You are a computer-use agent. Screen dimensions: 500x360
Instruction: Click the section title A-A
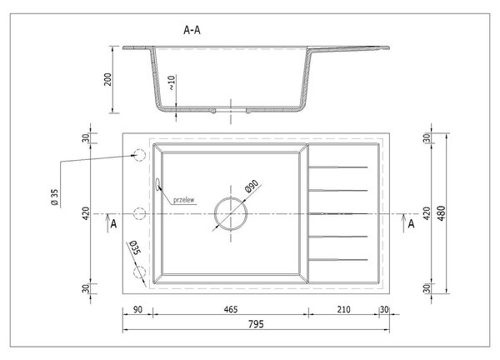point(192,30)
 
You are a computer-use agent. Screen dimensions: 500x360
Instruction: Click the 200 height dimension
point(108,79)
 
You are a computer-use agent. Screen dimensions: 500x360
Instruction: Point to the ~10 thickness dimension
point(172,82)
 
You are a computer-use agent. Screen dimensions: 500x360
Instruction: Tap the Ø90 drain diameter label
point(252,186)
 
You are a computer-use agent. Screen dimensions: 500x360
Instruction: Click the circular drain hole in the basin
point(231,197)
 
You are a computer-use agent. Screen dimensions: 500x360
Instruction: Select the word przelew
point(183,200)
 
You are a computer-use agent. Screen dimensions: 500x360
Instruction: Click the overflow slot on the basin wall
point(157,184)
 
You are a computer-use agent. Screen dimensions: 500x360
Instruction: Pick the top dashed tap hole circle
point(139,155)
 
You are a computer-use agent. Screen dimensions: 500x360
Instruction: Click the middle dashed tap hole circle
point(139,213)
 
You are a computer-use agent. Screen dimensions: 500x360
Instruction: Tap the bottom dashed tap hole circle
point(139,272)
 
